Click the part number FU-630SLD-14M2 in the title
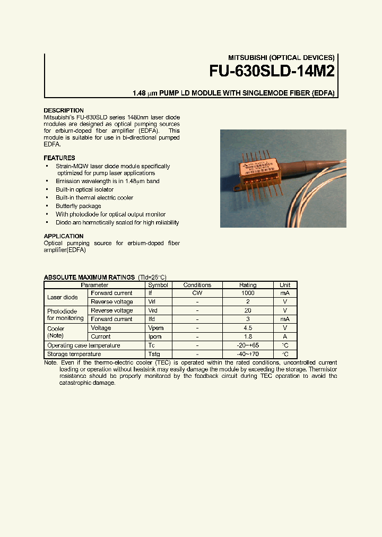click(x=272, y=71)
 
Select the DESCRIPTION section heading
click(x=63, y=110)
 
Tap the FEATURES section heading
click(x=59, y=158)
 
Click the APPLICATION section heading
click(x=63, y=236)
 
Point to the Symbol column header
click(x=158, y=285)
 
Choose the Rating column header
click(x=248, y=285)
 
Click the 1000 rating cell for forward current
click(x=248, y=293)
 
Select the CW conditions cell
click(x=197, y=293)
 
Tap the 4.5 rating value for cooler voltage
click(x=248, y=328)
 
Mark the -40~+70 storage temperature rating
click(x=248, y=354)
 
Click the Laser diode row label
click(x=62, y=297)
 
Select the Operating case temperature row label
click(x=83, y=345)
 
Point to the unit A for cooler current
click(x=285, y=336)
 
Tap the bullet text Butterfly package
click(x=78, y=206)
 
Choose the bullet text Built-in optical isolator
click(x=84, y=189)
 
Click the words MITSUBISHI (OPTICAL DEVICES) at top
click(x=281, y=57)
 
